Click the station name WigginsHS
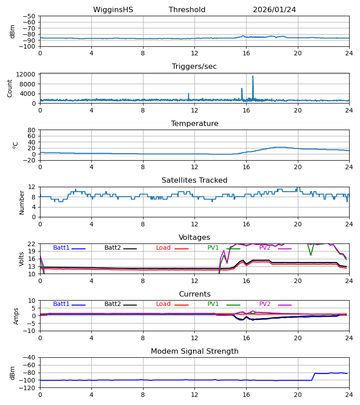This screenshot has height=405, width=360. click(x=113, y=10)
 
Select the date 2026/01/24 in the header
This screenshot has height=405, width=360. click(x=274, y=10)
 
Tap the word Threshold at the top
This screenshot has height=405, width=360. click(x=187, y=10)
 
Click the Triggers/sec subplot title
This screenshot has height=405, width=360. click(x=194, y=67)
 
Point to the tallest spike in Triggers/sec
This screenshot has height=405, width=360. click(x=253, y=76)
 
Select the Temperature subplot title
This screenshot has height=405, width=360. click(x=194, y=124)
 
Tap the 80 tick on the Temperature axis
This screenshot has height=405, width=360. click(x=31, y=130)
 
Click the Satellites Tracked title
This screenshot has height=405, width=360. click(x=194, y=180)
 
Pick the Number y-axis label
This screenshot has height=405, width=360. click(x=22, y=202)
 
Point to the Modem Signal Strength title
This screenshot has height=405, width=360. click(x=194, y=351)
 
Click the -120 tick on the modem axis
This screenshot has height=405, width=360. click(x=28, y=388)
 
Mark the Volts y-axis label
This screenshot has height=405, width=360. click(x=22, y=259)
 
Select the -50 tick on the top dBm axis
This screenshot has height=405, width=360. click(x=30, y=16)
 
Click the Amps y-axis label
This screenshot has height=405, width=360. click(x=17, y=316)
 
